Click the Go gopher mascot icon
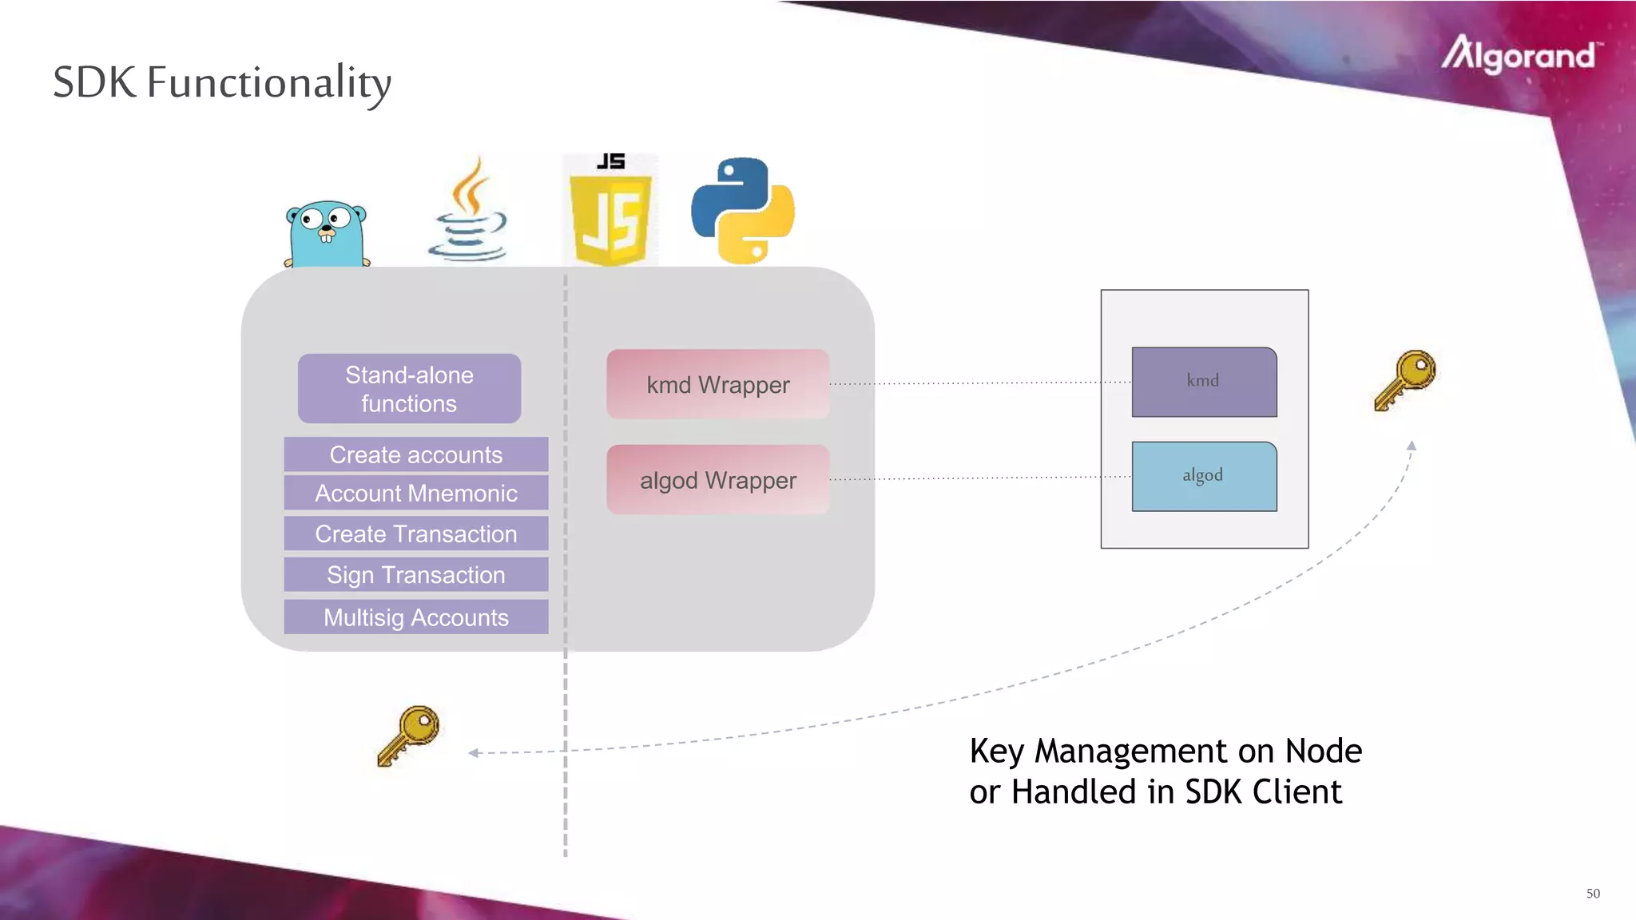click(327, 234)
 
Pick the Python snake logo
click(743, 211)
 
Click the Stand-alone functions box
click(409, 389)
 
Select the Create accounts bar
click(415, 454)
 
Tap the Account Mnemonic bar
click(415, 494)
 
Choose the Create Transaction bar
click(415, 533)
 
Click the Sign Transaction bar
click(415, 575)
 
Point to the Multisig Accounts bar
click(415, 617)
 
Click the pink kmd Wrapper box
click(717, 385)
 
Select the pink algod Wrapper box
click(717, 480)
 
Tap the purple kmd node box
click(1204, 382)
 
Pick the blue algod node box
click(1204, 477)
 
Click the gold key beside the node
click(1405, 379)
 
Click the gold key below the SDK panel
click(408, 736)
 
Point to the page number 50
click(1593, 894)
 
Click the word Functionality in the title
click(269, 82)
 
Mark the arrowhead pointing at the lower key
click(473, 752)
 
